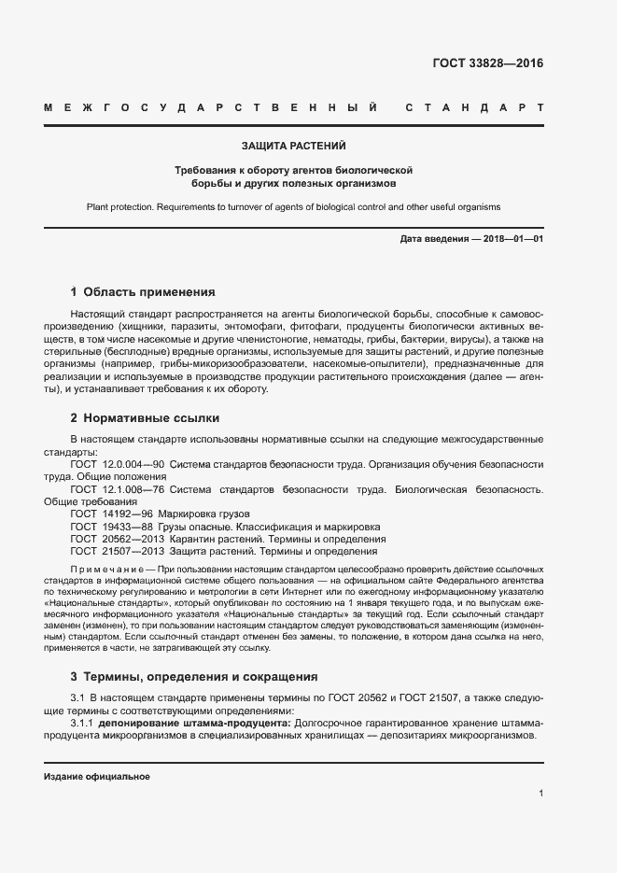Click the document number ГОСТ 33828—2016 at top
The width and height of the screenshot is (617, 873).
487,63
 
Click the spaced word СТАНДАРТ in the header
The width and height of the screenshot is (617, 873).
474,109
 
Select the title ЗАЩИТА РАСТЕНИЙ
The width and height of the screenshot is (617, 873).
294,147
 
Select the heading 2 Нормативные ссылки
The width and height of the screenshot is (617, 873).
145,417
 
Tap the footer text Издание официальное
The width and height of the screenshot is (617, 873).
97,777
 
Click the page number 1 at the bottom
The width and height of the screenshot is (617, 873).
540,794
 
